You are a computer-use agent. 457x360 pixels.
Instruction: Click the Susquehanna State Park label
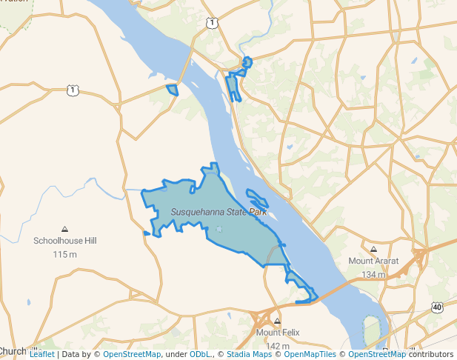(x=219, y=212)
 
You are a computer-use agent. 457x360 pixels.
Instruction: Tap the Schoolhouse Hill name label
(x=65, y=241)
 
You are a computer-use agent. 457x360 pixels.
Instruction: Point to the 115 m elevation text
(x=65, y=254)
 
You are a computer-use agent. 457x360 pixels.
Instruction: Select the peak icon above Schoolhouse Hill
(x=65, y=229)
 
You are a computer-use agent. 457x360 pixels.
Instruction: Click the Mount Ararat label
(x=373, y=261)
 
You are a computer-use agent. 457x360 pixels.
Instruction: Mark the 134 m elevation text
(x=374, y=274)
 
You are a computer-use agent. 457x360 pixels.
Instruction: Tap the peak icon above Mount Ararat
(x=373, y=249)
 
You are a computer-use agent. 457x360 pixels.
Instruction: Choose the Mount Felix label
(x=278, y=333)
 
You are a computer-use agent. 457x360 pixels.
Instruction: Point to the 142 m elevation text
(x=278, y=345)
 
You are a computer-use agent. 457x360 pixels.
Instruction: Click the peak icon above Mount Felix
(x=278, y=321)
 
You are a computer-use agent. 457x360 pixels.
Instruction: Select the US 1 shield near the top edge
(x=213, y=23)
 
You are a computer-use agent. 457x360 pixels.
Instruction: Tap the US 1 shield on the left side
(x=72, y=90)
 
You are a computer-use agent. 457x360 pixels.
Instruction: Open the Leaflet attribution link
(x=42, y=354)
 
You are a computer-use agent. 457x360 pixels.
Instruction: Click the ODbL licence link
(x=199, y=354)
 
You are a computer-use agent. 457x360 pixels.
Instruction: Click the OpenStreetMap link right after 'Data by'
(x=132, y=354)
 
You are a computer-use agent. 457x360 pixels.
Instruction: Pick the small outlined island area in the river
(x=257, y=198)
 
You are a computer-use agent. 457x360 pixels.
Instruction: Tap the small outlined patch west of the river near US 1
(x=173, y=90)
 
